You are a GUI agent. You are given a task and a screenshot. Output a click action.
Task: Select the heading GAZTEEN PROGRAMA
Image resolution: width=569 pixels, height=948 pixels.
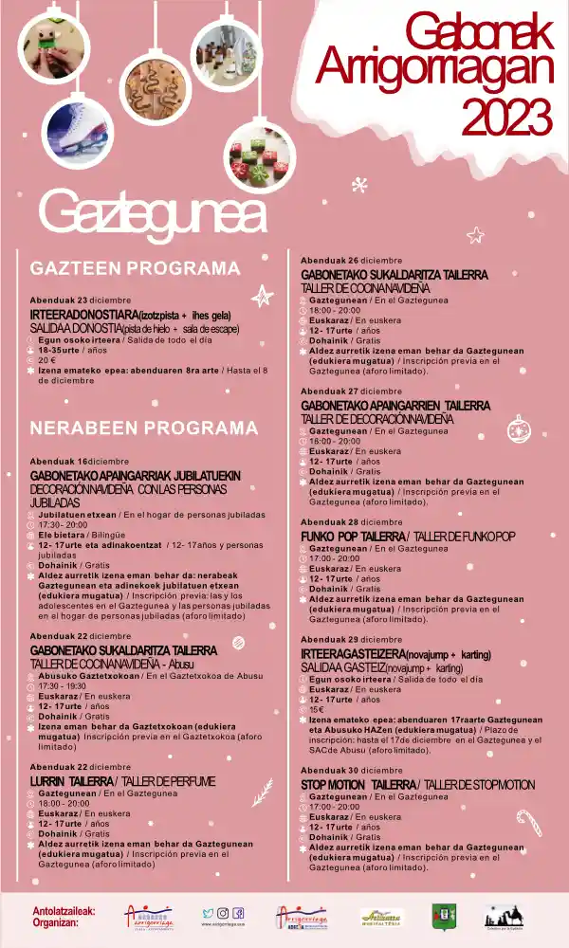(x=136, y=267)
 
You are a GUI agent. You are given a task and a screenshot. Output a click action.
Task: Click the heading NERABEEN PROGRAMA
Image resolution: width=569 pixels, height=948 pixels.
(x=144, y=428)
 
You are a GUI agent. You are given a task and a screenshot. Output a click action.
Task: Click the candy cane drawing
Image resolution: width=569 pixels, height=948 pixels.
(x=527, y=819)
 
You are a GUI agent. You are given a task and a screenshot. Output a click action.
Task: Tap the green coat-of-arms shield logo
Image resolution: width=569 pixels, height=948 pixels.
(x=443, y=916)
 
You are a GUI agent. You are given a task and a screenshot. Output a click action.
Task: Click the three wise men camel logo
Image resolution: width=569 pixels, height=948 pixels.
(x=504, y=916)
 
